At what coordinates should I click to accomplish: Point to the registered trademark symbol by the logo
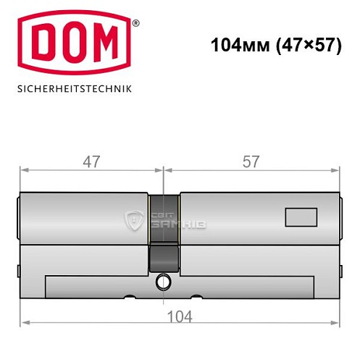(x=136, y=24)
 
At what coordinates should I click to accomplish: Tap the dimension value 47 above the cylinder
(x=90, y=161)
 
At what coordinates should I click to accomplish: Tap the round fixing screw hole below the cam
(x=164, y=282)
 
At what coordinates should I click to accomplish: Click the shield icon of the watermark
(x=134, y=220)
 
